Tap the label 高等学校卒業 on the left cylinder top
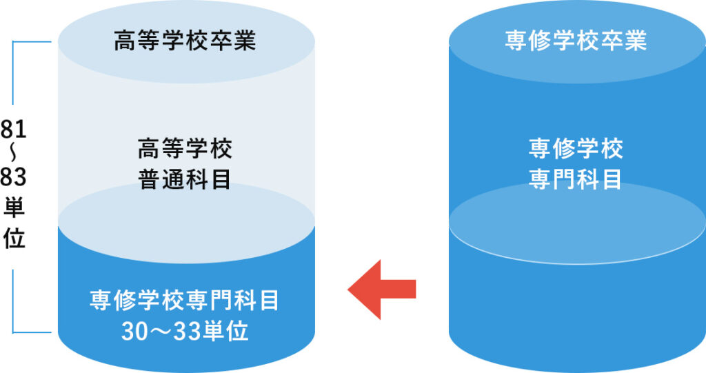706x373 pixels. pos(184,41)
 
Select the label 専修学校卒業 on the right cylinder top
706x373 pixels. pos(576,41)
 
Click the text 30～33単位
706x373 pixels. pos(184,332)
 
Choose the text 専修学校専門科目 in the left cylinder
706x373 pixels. pos(184,301)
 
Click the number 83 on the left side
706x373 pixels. pos(13,178)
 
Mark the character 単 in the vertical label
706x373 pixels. pos(13,208)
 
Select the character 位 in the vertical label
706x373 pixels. pos(13,238)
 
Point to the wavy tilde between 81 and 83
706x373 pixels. pos(13,154)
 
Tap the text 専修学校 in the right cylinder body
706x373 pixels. pos(576,148)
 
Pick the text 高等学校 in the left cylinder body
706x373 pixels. pos(184,148)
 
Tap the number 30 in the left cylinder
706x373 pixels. pos(133,332)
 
